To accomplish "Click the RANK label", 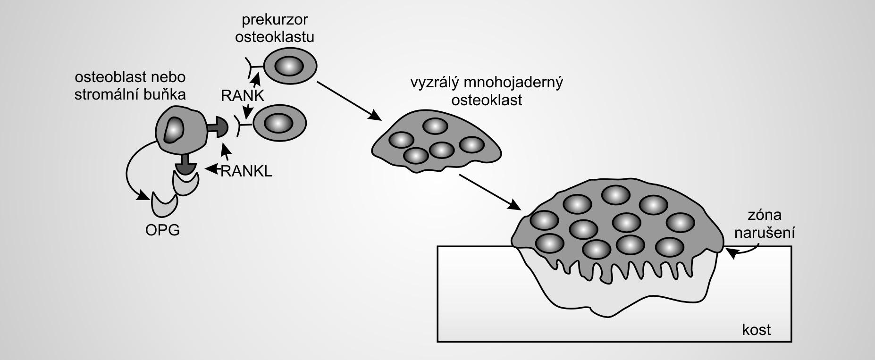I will tap(243, 95).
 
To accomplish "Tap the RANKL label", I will tap(246, 171).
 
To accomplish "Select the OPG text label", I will tap(163, 230).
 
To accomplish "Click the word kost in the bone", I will tap(756, 329).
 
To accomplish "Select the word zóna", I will tap(765, 215).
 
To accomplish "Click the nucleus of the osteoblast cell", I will tap(173, 129).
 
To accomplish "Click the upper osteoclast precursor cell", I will tap(289, 66).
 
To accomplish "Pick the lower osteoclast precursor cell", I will tap(279, 124).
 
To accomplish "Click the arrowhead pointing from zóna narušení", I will tap(731, 254).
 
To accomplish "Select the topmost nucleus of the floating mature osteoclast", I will tap(435, 126).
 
